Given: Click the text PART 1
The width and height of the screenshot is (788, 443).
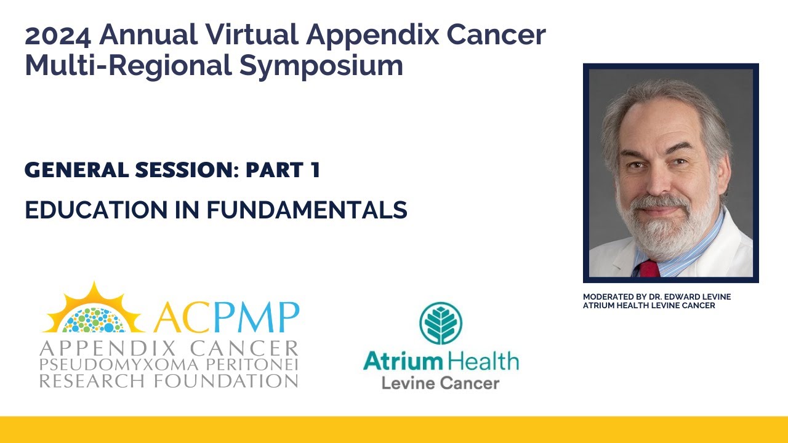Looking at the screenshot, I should [283, 170].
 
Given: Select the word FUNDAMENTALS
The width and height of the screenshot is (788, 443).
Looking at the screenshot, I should [306, 210].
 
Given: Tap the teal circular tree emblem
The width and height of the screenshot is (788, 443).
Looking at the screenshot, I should [441, 323].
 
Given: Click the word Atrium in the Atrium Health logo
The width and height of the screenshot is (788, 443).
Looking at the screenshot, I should [403, 361].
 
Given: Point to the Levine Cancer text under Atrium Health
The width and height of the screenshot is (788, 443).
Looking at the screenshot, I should [440, 383].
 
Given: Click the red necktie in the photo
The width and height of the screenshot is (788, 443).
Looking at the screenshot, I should [649, 268].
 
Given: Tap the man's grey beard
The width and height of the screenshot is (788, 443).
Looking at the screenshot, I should [662, 231].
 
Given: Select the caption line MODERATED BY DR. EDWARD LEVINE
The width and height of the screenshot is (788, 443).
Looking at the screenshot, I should [657, 297].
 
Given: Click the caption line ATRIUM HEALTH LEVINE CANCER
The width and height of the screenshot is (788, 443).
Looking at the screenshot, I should [649, 306].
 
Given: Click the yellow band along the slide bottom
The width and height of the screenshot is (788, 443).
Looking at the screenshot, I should [394, 429].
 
